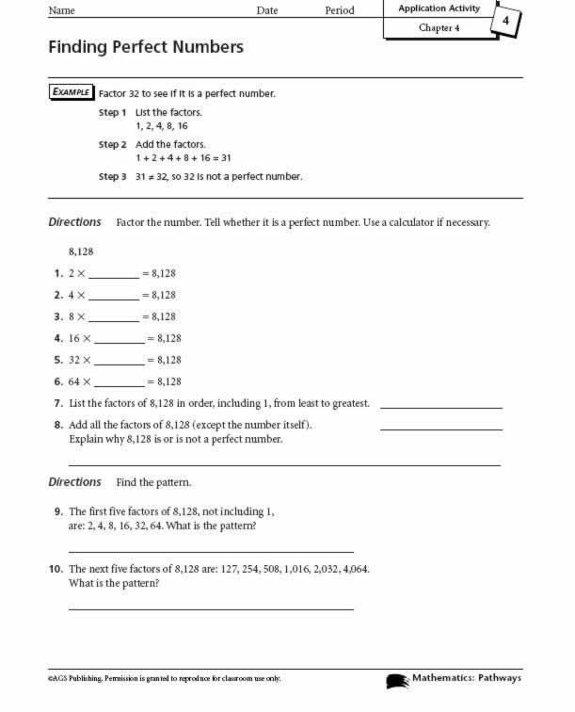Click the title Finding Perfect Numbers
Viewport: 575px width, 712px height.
146,47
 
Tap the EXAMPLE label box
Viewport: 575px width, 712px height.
71,92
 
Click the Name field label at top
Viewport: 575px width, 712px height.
61,10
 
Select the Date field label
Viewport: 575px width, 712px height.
267,10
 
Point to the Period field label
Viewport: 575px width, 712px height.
340,10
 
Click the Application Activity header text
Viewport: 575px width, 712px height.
439,8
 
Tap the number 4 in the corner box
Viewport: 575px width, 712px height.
506,21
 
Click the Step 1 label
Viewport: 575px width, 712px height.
113,113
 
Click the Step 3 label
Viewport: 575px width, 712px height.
113,176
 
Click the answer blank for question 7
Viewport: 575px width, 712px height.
440,407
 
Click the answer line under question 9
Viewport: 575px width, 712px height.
212,551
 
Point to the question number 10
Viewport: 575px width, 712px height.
56,569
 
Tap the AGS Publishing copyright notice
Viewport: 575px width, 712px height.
165,679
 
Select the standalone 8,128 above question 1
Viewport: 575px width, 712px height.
81,252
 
